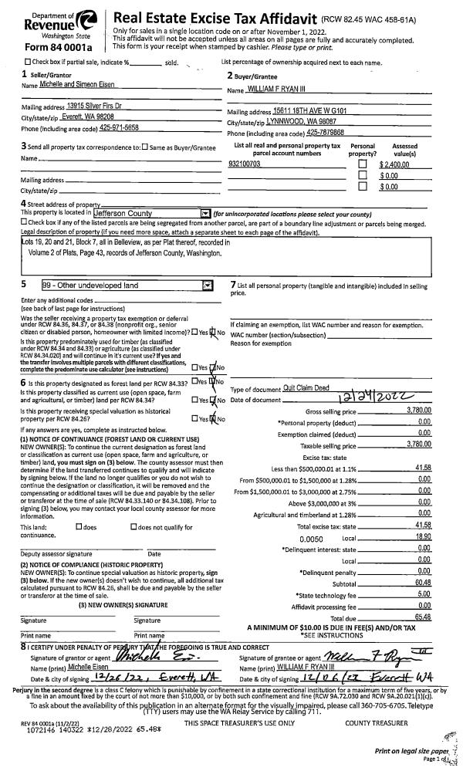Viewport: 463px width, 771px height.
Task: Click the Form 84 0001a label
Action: coord(52,46)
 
